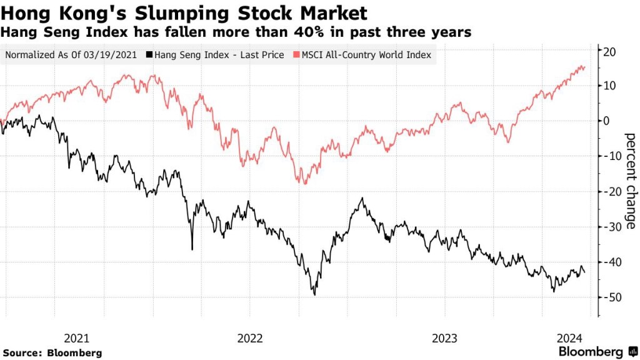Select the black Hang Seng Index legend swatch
click(149, 55)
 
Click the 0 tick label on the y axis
click(606, 121)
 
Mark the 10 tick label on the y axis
click(609, 86)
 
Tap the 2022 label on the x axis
click(250, 338)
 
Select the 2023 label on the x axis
click(444, 338)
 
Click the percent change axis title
click(630, 181)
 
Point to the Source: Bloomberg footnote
click(52, 352)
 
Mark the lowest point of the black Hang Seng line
click(314, 295)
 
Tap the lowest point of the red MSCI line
click(304, 184)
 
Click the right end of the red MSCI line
click(585, 67)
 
